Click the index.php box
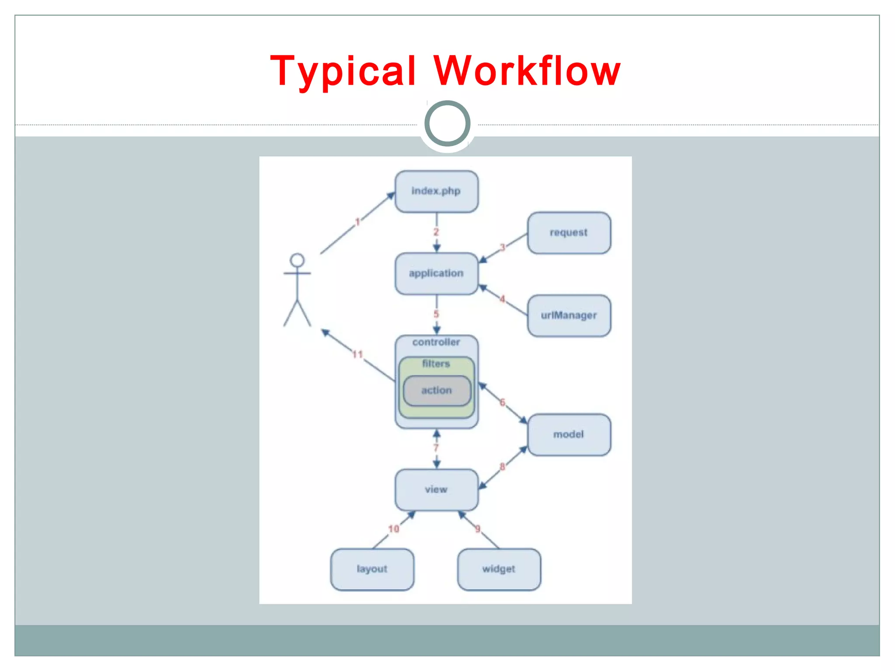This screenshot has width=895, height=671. point(436,191)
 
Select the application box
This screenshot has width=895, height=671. point(436,273)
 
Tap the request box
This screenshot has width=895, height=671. point(569,233)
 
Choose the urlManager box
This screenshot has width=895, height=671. point(569,315)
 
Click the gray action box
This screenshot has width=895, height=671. point(437,391)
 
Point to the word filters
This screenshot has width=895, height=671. point(436,364)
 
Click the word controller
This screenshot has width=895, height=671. point(436,342)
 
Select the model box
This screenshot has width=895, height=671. point(569,435)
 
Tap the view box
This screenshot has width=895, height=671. point(436,490)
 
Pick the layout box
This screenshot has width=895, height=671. point(372,569)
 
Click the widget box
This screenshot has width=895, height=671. point(499,569)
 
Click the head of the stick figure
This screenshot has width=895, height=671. point(297,260)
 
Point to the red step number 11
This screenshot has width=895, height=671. point(358,354)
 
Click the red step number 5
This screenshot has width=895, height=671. point(436,314)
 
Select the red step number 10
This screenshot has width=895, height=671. point(394,529)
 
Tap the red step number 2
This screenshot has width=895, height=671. point(436,232)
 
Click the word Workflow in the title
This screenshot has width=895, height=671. point(527,71)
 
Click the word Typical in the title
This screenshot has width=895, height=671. point(343,71)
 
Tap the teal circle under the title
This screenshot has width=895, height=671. point(447,124)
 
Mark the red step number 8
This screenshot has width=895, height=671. point(503,467)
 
